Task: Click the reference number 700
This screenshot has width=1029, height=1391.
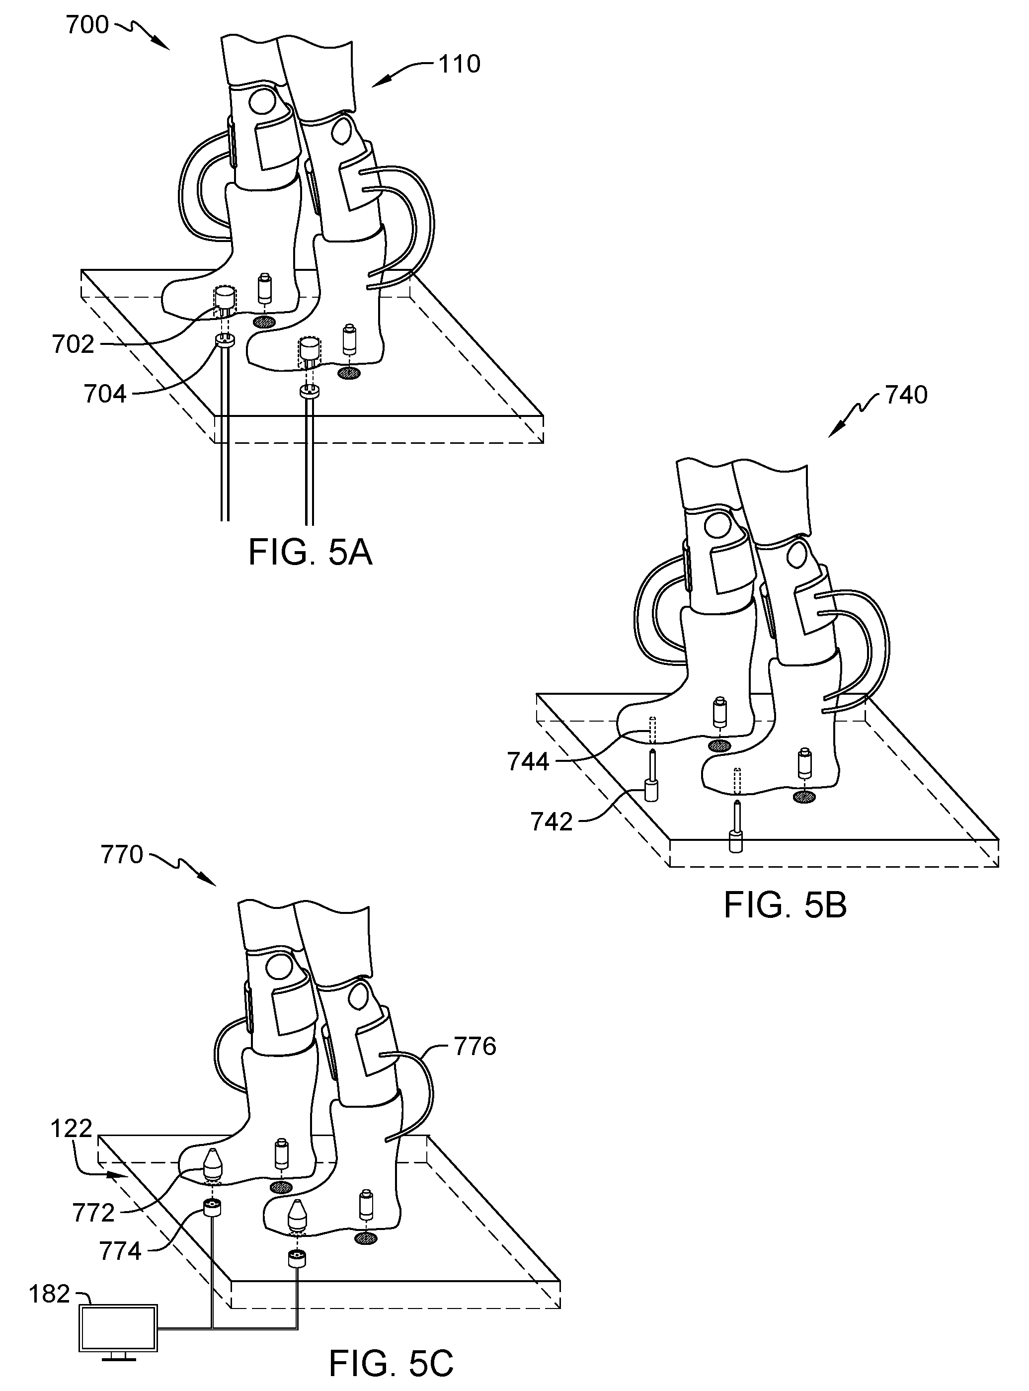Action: tap(88, 25)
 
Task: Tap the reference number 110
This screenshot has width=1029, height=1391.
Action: tap(460, 64)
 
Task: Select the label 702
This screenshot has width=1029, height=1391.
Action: tap(74, 344)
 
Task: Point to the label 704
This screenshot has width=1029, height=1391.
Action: tap(105, 394)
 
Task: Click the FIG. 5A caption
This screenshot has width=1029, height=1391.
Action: tap(310, 552)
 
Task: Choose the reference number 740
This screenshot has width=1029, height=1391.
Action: tap(906, 395)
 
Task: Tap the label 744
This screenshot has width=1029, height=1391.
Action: tap(528, 762)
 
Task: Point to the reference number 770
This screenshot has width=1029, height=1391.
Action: tap(122, 855)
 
